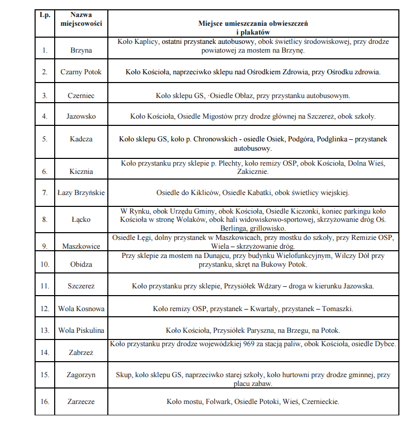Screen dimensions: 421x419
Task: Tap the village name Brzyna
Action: pos(81,51)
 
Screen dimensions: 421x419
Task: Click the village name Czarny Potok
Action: pos(81,72)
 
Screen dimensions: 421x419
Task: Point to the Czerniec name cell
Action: pos(81,95)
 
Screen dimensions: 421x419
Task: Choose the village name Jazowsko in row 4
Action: pos(81,117)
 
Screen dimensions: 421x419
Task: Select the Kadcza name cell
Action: pos(81,139)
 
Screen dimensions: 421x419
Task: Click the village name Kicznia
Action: pos(81,171)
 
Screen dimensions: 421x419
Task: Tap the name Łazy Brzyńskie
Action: pos(81,193)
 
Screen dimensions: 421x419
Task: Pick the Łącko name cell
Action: pos(81,219)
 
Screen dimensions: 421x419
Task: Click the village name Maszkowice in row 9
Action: pos(81,246)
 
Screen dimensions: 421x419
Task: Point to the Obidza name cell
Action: pos(81,264)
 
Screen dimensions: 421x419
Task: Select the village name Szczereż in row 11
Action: pos(81,285)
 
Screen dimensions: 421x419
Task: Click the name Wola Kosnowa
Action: pos(81,309)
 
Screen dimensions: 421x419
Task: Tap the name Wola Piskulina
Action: pos(81,330)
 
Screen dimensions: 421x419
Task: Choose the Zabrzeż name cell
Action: pos(81,353)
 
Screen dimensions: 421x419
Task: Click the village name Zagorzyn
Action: pos(81,375)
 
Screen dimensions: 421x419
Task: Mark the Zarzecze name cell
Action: pos(81,401)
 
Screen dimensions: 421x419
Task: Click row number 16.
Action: pos(45,401)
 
